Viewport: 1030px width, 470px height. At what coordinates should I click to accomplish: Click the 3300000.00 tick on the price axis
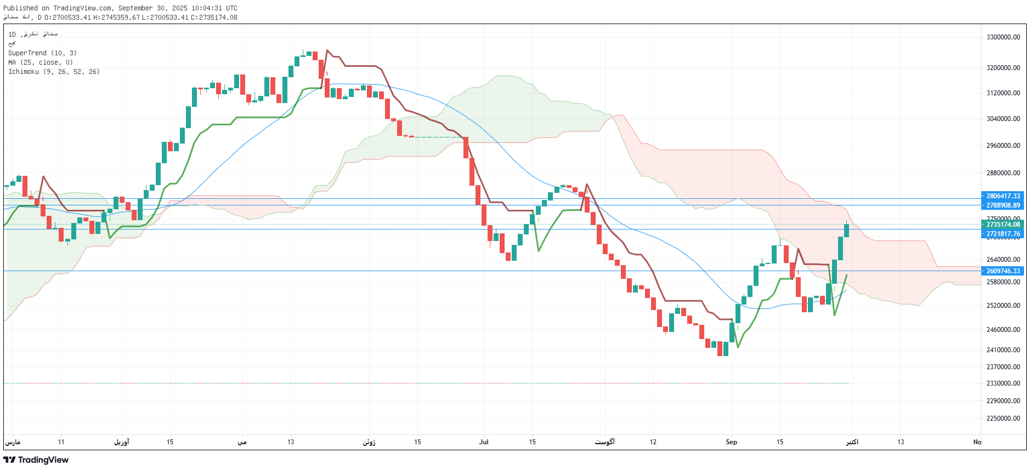point(1003,37)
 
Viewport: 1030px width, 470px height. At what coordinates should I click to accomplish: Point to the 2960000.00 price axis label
point(1003,146)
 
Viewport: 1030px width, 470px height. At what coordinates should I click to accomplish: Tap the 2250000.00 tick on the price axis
point(1003,419)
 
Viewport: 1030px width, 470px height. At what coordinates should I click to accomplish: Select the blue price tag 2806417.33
point(1003,196)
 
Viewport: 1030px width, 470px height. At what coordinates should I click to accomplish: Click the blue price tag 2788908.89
point(1003,205)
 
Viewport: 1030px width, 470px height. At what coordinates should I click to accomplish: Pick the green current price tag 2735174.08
point(1003,225)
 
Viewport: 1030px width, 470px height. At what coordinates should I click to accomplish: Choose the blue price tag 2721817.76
point(1003,234)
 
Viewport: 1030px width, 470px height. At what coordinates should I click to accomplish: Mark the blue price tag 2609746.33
point(1003,271)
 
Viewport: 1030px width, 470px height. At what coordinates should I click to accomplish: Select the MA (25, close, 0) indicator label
point(41,62)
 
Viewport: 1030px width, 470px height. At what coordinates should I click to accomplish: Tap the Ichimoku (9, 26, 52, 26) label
point(54,72)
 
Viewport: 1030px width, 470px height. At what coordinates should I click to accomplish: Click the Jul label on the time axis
point(484,442)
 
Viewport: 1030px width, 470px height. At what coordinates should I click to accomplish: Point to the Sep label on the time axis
point(731,442)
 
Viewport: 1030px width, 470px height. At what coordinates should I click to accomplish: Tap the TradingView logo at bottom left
point(36,460)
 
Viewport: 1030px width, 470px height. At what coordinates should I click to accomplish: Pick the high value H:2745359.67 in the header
point(116,18)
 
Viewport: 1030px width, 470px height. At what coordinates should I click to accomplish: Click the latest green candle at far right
point(846,230)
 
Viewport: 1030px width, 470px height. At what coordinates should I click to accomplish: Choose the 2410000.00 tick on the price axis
point(1003,350)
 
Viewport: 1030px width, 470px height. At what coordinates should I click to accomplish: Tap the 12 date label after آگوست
point(653,442)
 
